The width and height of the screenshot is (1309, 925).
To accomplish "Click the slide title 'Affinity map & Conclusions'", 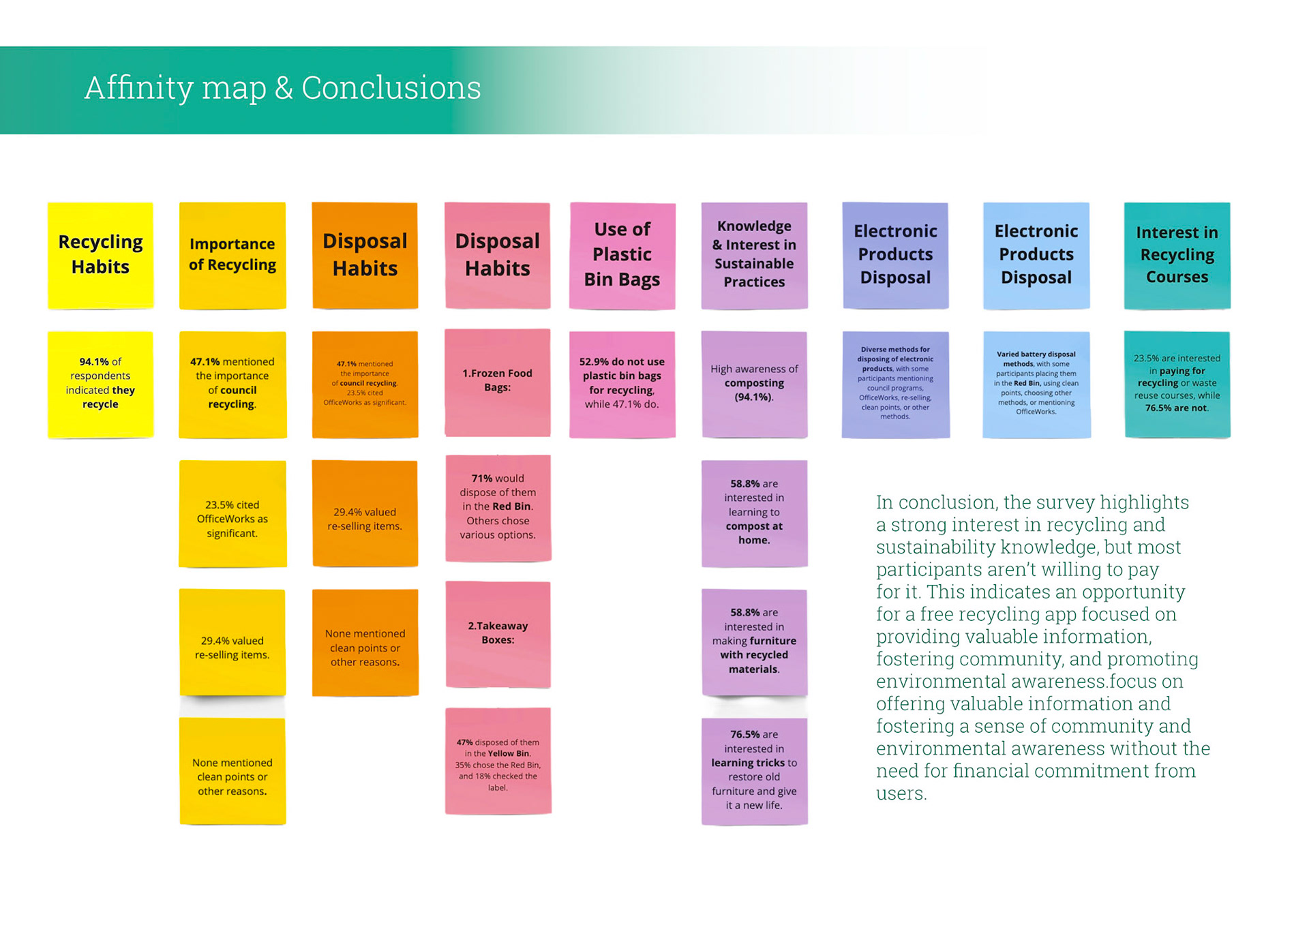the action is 282,88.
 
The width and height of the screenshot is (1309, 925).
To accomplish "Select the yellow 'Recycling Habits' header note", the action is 100,255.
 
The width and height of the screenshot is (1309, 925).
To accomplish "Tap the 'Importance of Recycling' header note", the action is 232,255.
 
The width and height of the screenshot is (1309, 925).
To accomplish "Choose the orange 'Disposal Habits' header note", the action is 365,255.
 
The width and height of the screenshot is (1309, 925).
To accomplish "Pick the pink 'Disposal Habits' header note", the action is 497,255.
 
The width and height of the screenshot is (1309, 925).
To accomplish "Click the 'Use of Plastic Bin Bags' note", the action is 622,255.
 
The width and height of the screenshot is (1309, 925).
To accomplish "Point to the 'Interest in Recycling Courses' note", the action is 1177,255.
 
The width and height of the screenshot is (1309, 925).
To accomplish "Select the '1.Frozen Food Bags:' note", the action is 497,381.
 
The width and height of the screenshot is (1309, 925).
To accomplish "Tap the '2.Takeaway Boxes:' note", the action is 498,633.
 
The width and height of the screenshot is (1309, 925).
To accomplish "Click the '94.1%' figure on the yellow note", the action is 94,362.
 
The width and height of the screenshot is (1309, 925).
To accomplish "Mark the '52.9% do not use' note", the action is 622,383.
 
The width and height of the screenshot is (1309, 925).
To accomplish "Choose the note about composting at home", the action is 754,513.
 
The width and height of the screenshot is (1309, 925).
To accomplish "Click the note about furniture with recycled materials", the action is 754,641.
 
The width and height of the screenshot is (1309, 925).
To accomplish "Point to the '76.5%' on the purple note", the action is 744,735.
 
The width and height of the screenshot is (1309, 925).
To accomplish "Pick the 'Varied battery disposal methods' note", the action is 1036,384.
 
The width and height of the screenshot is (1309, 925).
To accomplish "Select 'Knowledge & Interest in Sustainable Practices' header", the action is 754,255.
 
